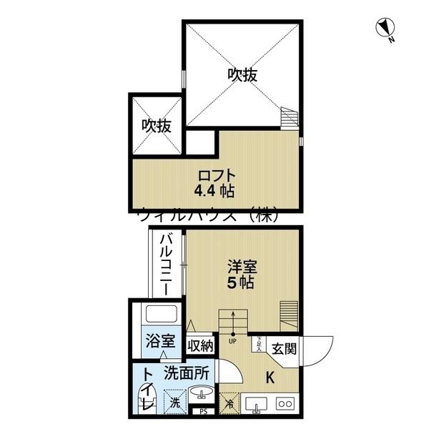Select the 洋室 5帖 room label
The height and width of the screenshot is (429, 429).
coord(241,274)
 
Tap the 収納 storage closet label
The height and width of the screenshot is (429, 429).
coord(200,345)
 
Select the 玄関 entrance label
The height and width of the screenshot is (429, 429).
coord(282,348)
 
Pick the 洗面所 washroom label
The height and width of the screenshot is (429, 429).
coord(186,373)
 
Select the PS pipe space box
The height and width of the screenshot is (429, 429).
coord(204,410)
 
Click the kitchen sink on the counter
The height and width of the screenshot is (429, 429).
coord(255,403)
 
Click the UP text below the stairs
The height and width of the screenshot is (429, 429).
coord(233,340)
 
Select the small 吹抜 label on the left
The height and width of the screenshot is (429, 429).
coord(155,127)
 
